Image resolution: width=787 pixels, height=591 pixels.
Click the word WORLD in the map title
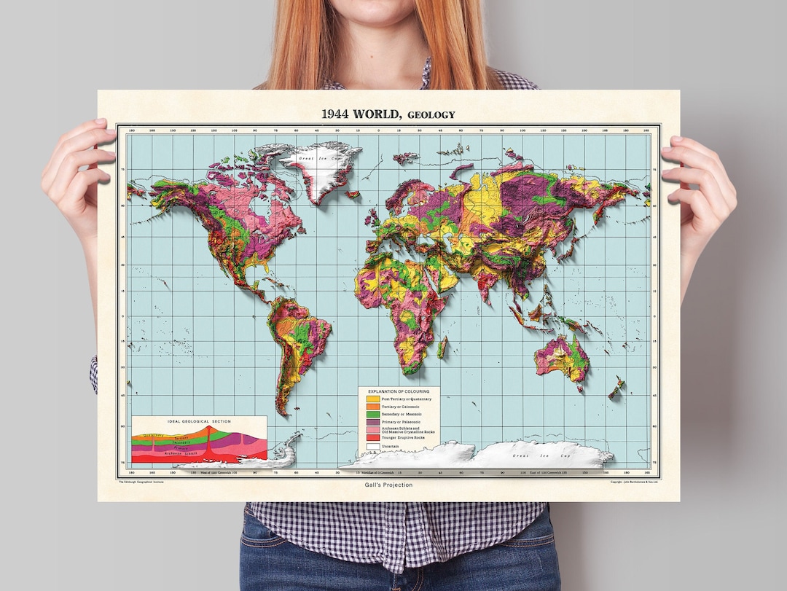click(x=376, y=114)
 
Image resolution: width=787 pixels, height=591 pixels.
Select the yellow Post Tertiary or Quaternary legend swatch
click(x=372, y=399)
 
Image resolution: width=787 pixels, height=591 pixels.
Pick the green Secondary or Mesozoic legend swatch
click(x=372, y=415)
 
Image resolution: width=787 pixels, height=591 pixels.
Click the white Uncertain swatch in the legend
click(x=372, y=446)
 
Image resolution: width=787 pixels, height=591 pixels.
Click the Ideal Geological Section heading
click(x=199, y=422)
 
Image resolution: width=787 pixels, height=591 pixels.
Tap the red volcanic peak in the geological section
click(x=210, y=431)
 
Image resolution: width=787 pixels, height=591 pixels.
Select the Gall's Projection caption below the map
click(x=388, y=485)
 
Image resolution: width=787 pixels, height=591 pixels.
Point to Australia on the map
click(x=561, y=357)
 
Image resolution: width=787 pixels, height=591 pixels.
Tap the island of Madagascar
click(x=442, y=347)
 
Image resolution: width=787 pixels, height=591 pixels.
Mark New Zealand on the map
click(x=616, y=388)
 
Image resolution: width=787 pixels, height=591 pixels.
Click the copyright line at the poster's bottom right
click(x=635, y=482)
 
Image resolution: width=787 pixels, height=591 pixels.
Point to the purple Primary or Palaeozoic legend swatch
click(x=372, y=422)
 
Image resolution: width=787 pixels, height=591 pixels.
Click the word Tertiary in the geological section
click(x=172, y=437)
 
